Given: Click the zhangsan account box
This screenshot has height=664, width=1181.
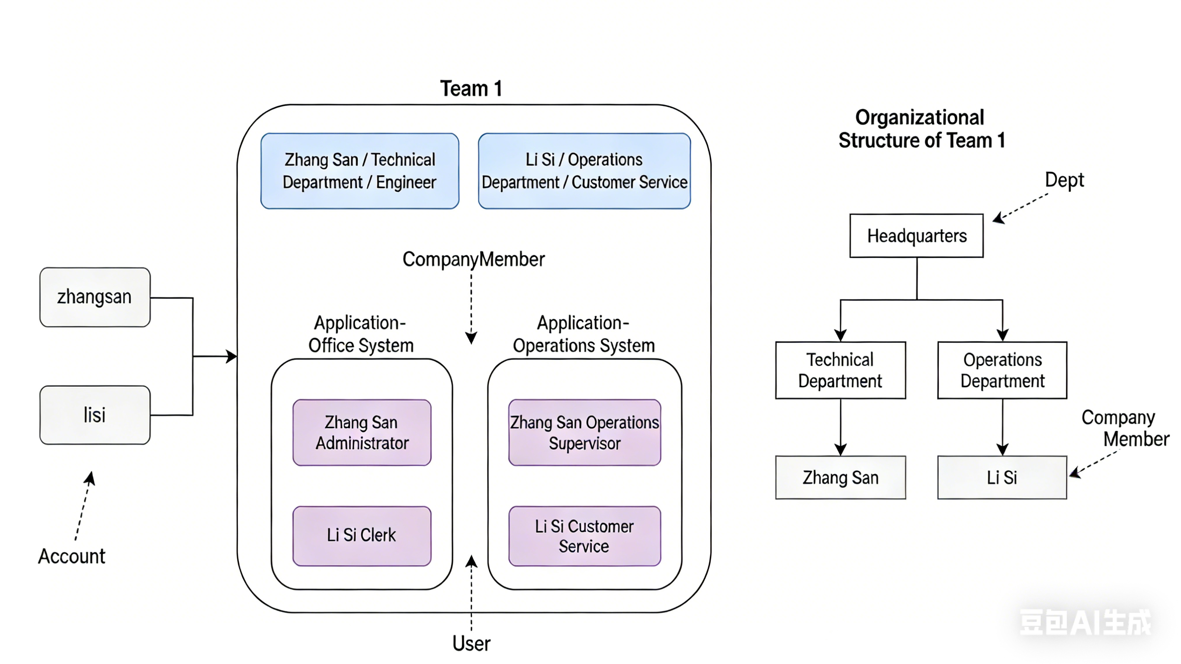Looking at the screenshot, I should [x=95, y=297].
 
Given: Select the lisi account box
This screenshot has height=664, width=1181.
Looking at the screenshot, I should [x=95, y=415].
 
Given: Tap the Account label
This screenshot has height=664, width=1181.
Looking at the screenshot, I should [x=71, y=556].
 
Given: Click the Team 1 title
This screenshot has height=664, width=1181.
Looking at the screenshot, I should [x=471, y=89].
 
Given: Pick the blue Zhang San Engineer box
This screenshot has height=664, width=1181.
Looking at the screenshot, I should [x=359, y=171].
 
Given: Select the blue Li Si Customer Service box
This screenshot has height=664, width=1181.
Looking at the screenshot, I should [x=584, y=171].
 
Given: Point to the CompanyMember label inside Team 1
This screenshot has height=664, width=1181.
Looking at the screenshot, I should [x=473, y=260].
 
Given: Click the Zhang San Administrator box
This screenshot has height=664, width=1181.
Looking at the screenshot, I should [x=362, y=433].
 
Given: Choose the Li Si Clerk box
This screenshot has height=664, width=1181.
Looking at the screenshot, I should [x=362, y=536].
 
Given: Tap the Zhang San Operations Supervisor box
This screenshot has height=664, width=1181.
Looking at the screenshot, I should [x=584, y=433].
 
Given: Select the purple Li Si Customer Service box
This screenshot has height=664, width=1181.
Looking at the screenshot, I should [x=584, y=536].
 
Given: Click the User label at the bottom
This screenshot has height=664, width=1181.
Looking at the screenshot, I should [x=471, y=643].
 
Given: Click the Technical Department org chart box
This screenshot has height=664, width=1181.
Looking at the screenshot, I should [x=840, y=370].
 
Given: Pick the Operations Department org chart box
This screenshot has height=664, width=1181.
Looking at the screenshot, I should [x=1002, y=370].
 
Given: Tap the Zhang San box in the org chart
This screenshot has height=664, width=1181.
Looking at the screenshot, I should [x=840, y=478].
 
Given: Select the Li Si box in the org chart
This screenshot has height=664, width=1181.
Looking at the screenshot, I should [x=1002, y=478].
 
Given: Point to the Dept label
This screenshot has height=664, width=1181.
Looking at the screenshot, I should [x=1064, y=180].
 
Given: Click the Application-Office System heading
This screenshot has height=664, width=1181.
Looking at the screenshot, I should [x=361, y=334].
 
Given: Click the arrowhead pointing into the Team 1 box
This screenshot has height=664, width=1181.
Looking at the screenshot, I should [x=232, y=356].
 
